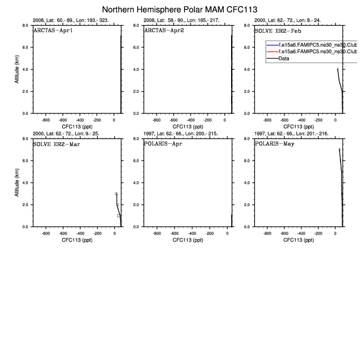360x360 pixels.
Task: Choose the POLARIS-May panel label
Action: [x=274, y=143]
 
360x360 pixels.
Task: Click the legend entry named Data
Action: [x=284, y=58]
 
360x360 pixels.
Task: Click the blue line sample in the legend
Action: [x=272, y=44]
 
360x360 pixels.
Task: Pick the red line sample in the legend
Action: [x=272, y=51]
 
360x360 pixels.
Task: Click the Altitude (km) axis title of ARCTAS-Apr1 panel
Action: [x=18, y=69]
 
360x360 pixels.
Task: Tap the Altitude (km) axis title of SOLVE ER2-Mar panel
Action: [x=18, y=183]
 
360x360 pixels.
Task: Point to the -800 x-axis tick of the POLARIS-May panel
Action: [x=267, y=233]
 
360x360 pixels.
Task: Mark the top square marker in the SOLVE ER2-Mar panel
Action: [x=116, y=193]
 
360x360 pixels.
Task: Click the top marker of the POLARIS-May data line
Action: [x=339, y=149]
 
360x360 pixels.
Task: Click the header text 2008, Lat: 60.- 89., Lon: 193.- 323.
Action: [x=71, y=20]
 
